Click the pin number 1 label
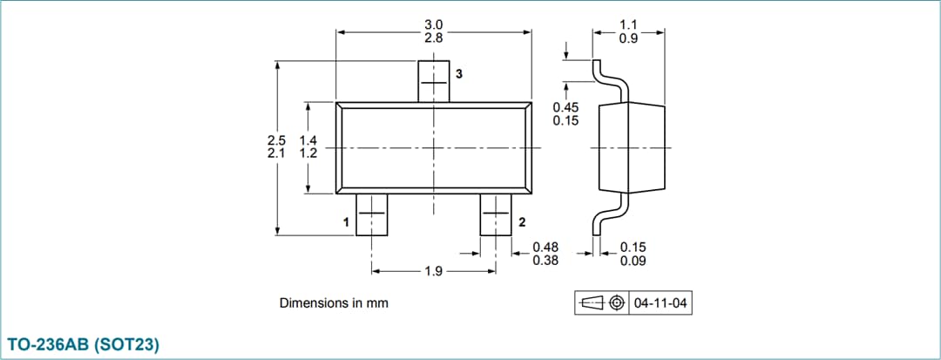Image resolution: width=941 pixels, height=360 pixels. tap(347, 223)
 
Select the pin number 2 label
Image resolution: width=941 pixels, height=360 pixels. tap(522, 222)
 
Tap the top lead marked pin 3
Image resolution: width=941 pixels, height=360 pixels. tap(434, 81)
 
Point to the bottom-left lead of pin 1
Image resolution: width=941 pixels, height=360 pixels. tap(372, 214)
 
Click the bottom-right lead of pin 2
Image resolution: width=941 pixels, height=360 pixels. tap(497, 214)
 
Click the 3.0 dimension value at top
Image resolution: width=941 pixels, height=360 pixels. tap(434, 24)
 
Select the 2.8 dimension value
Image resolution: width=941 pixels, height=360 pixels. tap(434, 38)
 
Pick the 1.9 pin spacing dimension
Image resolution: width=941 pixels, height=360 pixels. tap(434, 272)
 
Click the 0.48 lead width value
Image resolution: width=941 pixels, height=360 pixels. tap(545, 247)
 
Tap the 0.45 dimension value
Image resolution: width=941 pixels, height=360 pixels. tap(565, 107)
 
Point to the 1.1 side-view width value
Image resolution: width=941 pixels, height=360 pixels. tap(628, 24)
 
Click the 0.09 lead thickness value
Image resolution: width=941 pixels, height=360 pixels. tap(633, 260)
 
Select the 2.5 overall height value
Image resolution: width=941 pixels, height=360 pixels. tap(276, 139)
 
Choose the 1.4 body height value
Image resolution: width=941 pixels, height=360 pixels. tap(308, 139)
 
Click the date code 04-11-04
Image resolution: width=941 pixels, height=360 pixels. tap(661, 303)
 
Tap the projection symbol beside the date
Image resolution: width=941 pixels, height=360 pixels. tap(601, 303)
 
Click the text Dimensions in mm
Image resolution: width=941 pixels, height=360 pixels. tap(334, 303)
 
